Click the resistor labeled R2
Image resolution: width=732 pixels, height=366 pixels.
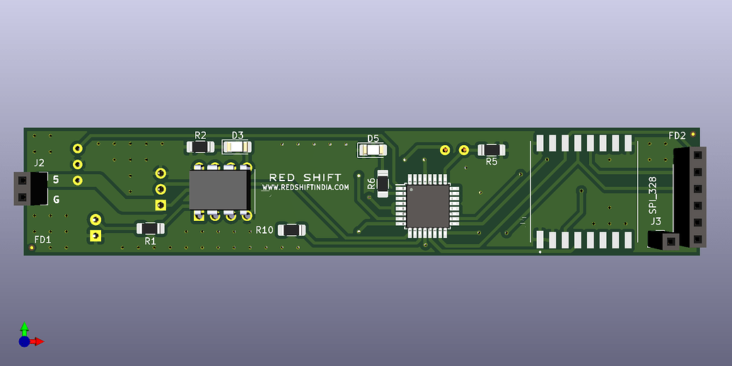200,147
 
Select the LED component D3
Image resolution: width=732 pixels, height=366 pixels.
237,147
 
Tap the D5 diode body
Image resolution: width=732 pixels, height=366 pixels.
372,150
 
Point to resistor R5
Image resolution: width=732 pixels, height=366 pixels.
492,150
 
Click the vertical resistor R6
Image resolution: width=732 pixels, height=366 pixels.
383,183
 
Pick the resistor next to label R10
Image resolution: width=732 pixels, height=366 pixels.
292,230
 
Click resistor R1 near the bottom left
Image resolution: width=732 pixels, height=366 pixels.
151,229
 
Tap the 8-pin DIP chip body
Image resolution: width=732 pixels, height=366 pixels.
219,190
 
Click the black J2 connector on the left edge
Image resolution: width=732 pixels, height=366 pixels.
30,188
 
